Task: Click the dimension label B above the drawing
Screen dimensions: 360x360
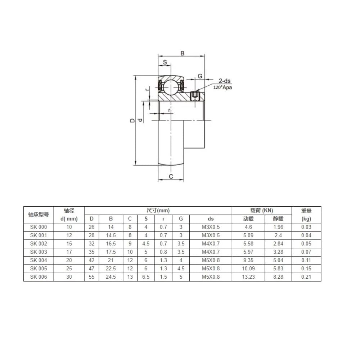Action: click(x=183, y=53)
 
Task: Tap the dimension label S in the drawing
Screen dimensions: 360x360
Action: click(x=165, y=62)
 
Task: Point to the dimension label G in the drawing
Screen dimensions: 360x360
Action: click(x=200, y=76)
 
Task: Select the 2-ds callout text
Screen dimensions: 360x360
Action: click(x=224, y=81)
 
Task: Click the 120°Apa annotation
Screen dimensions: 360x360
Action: click(x=222, y=87)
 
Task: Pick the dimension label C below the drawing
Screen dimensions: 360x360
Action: click(x=171, y=176)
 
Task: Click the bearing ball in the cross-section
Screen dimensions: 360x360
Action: click(x=171, y=85)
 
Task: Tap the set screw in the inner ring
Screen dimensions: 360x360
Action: click(x=195, y=96)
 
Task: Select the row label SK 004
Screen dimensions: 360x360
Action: click(x=39, y=260)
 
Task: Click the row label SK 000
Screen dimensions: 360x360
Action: click(x=39, y=227)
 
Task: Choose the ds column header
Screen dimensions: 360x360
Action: click(x=211, y=219)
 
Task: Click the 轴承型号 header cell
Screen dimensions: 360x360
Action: click(x=39, y=215)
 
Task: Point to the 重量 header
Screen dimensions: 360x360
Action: click(x=306, y=211)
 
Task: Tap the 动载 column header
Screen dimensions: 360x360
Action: click(x=248, y=219)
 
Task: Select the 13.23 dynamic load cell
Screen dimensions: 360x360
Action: click(x=248, y=277)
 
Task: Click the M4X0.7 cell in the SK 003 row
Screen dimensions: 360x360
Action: click(x=211, y=252)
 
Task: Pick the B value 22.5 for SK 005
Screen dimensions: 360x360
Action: click(x=111, y=269)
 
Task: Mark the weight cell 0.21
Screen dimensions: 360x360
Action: click(x=306, y=277)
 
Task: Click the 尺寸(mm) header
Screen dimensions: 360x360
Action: click(x=158, y=211)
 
